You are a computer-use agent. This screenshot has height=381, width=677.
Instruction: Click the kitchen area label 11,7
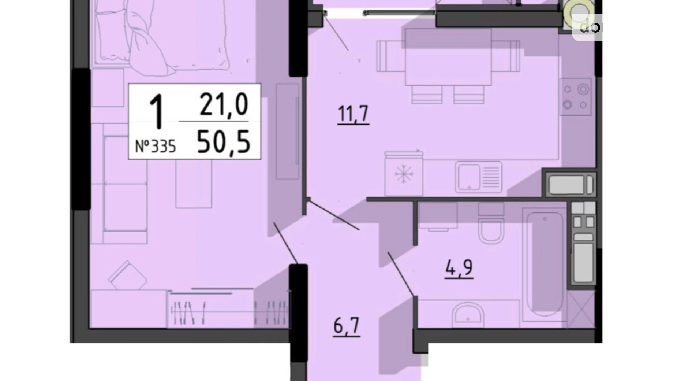click(353, 114)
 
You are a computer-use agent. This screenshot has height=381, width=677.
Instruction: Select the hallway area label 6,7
click(346, 326)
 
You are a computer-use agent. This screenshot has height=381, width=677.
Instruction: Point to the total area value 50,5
click(224, 142)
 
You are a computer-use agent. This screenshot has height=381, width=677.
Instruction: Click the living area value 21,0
click(224, 104)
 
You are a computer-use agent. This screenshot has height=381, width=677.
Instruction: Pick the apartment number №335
click(156, 147)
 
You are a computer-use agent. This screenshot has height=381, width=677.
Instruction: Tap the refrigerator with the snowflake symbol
click(404, 174)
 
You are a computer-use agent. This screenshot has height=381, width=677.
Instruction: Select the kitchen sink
click(478, 177)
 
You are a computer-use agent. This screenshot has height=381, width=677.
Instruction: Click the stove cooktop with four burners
click(575, 97)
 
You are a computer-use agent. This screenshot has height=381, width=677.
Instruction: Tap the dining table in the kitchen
click(448, 56)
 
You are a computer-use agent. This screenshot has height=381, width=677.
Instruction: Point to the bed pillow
click(146, 44)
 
